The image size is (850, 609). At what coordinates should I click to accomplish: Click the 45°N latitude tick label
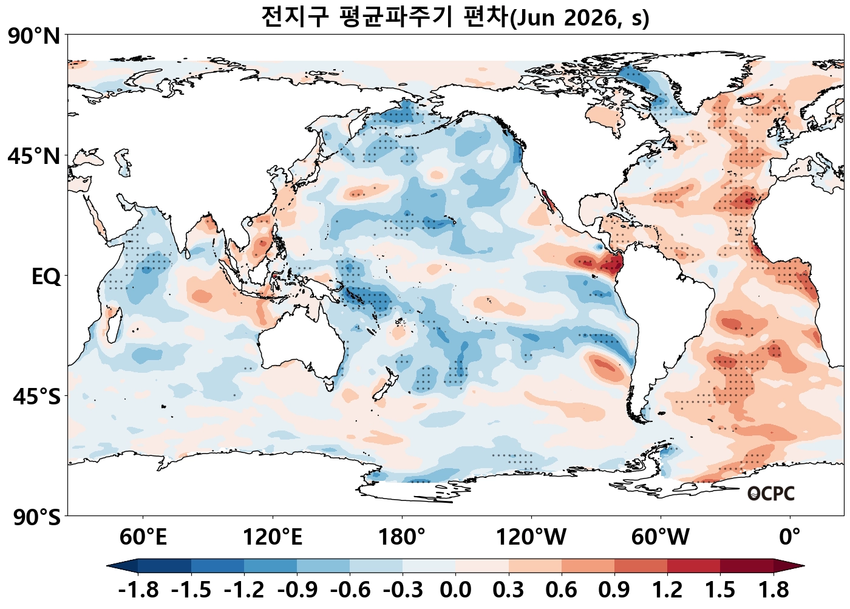[34, 156]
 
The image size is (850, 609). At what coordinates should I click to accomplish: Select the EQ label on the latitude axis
[46, 277]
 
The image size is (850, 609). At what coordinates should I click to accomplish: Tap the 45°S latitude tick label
[36, 397]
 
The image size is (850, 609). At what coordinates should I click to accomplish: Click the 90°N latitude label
[34, 36]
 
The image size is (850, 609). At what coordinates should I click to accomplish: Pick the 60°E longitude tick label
[143, 537]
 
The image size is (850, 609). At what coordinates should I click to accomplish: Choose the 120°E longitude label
[272, 537]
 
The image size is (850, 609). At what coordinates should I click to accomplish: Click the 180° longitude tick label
[402, 537]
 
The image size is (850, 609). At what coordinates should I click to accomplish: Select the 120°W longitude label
[531, 537]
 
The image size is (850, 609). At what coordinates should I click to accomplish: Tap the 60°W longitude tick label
[661, 537]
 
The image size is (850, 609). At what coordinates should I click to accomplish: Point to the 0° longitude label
[790, 537]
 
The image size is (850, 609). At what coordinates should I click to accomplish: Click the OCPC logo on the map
[770, 494]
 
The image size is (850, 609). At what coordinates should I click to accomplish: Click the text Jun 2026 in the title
[565, 18]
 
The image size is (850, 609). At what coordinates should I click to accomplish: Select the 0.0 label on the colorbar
[455, 590]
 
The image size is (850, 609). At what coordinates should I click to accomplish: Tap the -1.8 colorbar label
[138, 590]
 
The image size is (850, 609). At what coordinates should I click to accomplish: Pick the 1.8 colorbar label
[773, 590]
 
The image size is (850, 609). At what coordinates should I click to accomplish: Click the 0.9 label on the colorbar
[614, 590]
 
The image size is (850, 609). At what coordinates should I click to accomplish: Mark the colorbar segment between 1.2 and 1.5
[693, 566]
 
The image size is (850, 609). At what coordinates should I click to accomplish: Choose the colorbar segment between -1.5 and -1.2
[217, 566]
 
